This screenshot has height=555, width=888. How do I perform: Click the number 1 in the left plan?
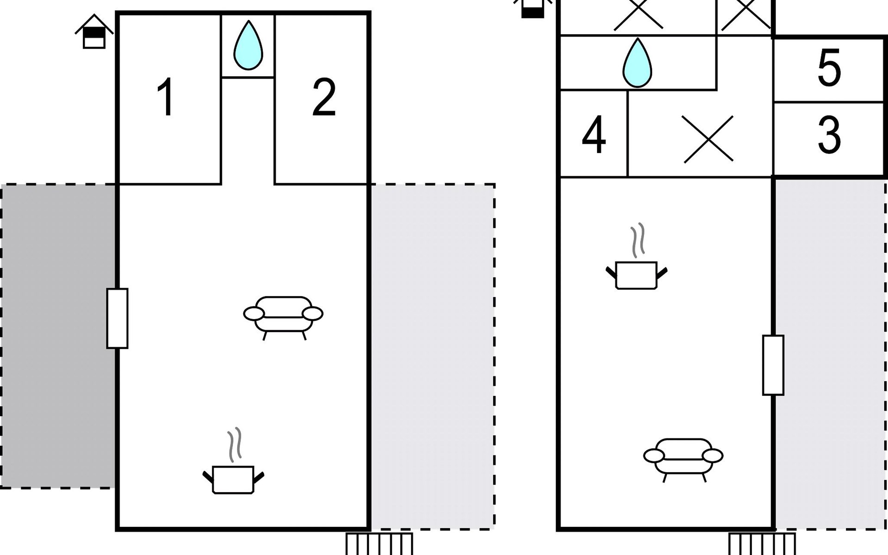coord(165,98)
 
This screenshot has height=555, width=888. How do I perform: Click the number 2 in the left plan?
coord(324,98)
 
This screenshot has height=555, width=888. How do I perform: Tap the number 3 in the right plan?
coord(829,136)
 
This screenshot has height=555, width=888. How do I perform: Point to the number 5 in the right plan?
coord(829,68)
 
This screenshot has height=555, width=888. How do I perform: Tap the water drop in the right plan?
coord(637,63)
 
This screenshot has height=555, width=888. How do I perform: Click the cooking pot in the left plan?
coord(233,480)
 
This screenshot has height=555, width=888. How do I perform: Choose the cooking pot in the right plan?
coord(636,275)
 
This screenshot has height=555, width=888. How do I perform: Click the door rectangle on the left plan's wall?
coord(117,318)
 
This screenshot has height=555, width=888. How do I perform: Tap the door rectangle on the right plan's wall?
coord(773,365)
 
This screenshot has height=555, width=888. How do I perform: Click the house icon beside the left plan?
coord(94,32)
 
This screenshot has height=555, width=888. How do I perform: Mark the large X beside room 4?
coord(708,139)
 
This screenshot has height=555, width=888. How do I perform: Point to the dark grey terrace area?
coord(58,335)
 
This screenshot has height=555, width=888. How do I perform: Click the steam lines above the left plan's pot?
coord(235,444)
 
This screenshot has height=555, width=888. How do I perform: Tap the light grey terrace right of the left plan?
coord(432,356)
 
